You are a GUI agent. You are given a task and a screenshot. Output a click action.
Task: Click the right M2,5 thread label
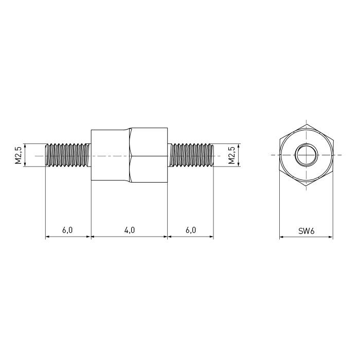point(231,155)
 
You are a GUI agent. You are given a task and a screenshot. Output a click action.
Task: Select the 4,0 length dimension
point(130,230)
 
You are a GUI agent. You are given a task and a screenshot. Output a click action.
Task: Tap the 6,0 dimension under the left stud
point(67,230)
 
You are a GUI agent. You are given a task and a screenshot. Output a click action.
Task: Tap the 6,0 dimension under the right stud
point(191,230)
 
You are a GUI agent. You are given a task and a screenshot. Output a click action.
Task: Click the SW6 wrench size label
point(307,231)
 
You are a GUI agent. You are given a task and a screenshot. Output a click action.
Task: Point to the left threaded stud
point(68,155)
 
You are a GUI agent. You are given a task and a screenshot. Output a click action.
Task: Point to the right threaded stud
point(191,155)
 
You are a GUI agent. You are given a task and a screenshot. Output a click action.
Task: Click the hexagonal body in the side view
point(129,155)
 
